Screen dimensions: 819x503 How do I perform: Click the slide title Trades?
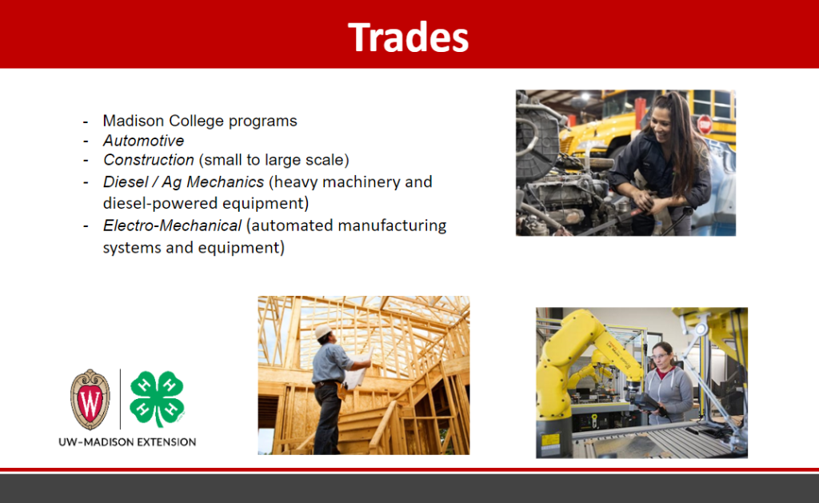click(x=409, y=37)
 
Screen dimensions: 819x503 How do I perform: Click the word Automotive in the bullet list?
click(x=144, y=141)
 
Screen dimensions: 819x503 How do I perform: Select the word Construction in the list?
click(x=148, y=160)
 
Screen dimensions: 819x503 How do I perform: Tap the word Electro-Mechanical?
click(x=173, y=226)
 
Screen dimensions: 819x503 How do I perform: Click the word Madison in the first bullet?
click(x=134, y=121)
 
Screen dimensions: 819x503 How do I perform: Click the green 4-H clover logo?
click(x=157, y=398)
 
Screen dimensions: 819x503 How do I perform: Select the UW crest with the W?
click(x=90, y=399)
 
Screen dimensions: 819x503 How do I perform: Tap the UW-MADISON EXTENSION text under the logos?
click(x=127, y=442)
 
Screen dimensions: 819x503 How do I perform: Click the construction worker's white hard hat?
click(x=323, y=331)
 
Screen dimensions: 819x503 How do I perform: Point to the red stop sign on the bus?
click(x=705, y=124)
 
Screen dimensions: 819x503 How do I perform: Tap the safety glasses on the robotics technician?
click(x=660, y=356)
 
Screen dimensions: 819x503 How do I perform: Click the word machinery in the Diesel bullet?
click(x=357, y=182)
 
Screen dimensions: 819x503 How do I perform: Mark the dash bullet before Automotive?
click(x=86, y=142)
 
